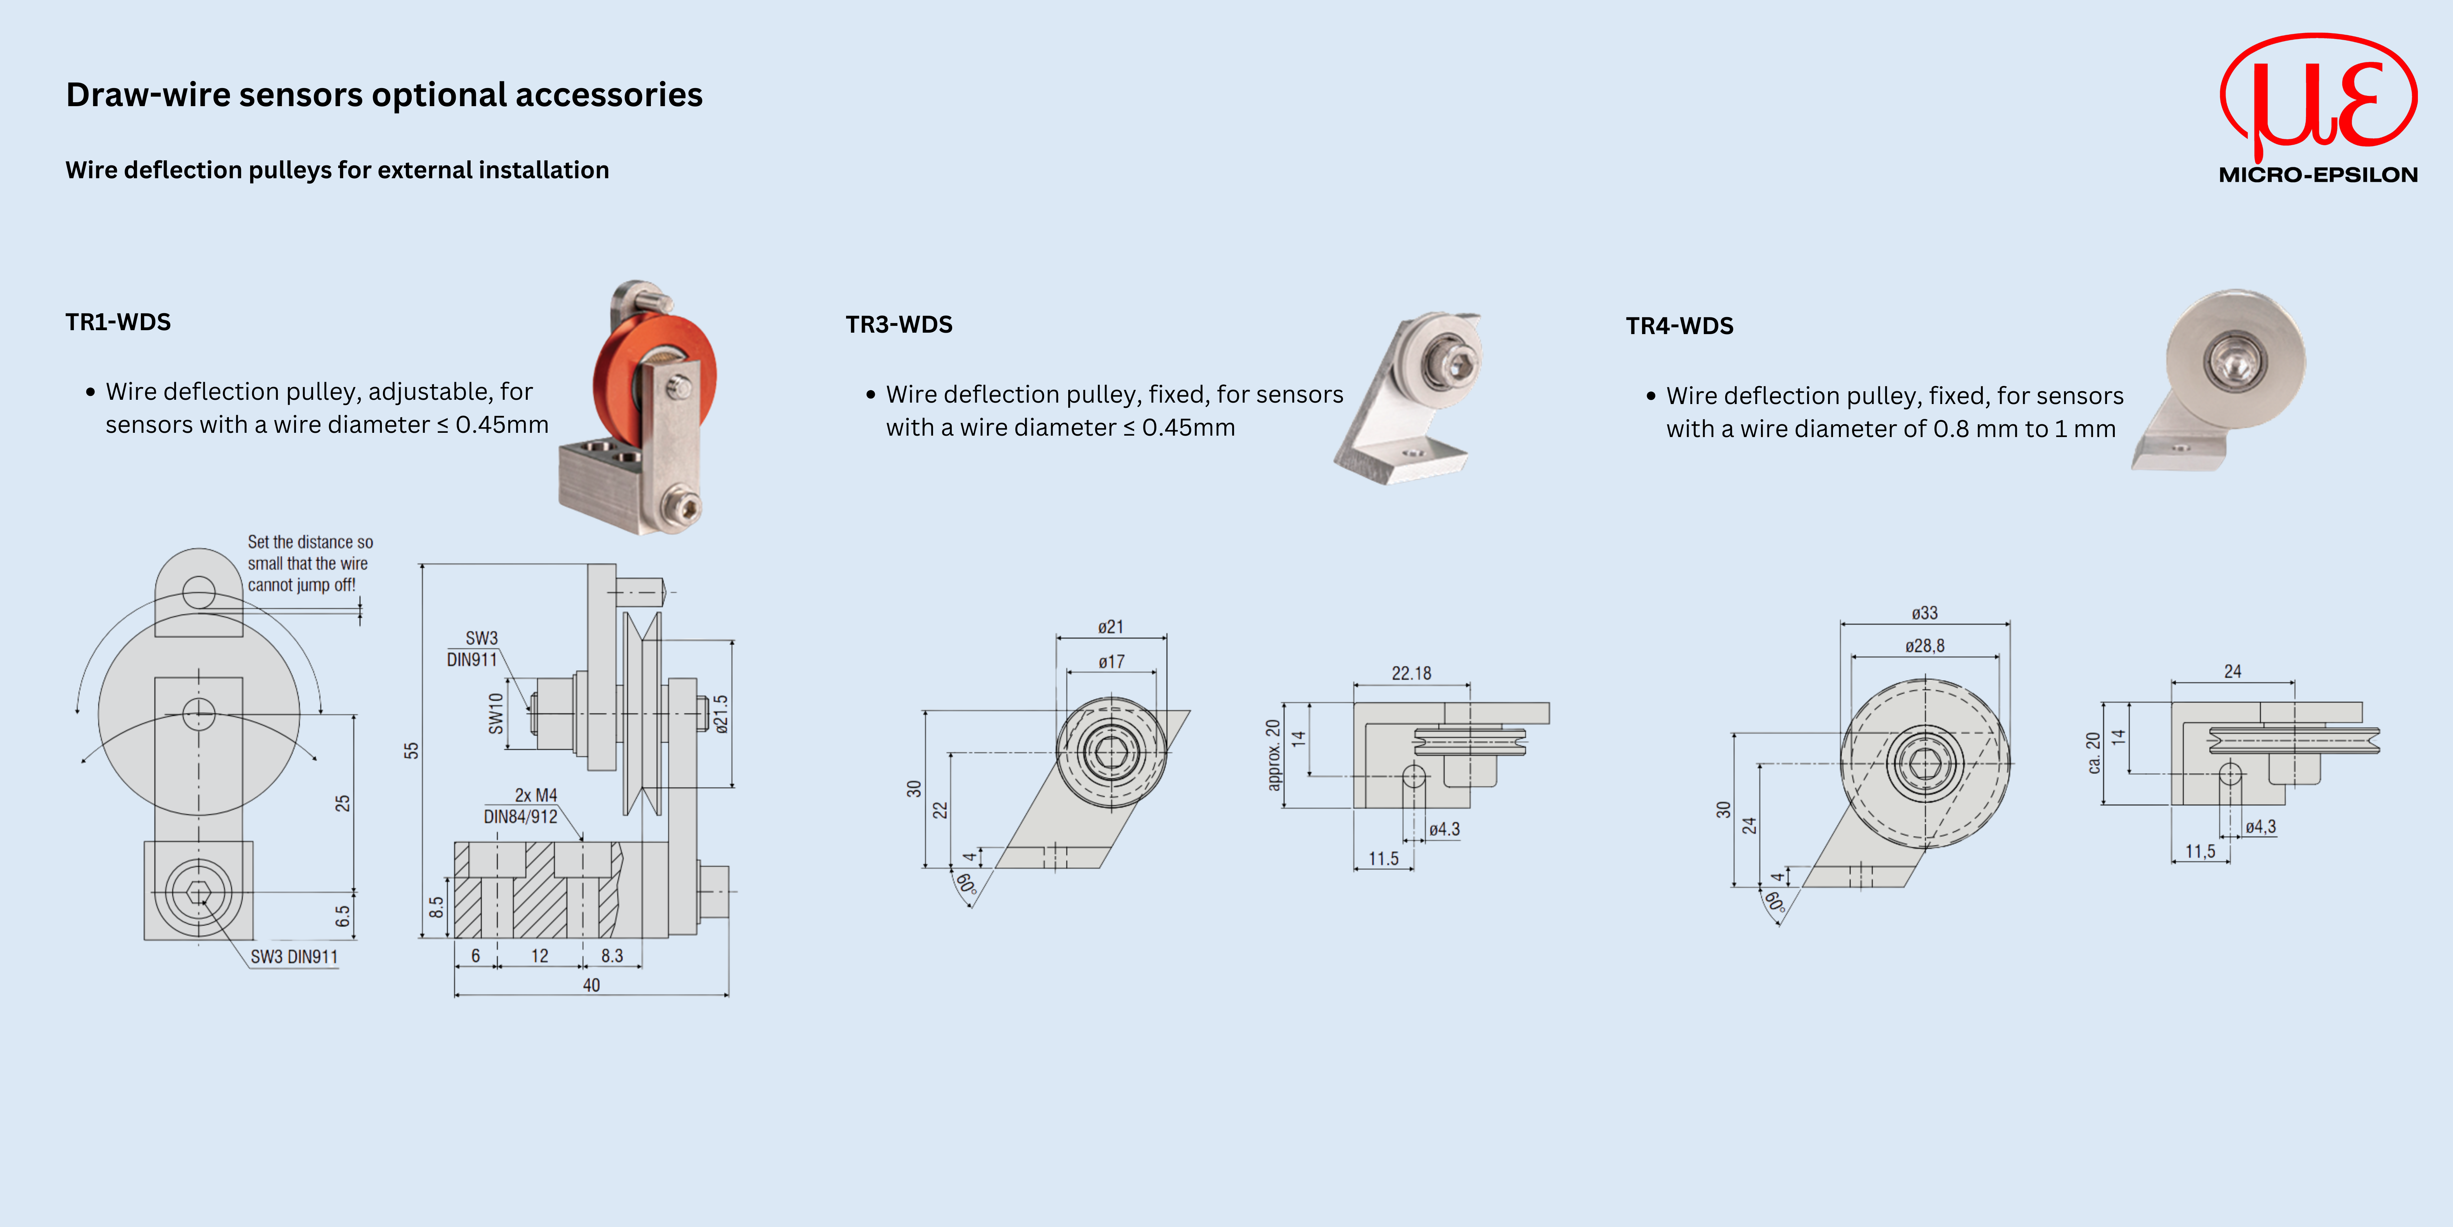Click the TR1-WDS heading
pyautogui.click(x=118, y=322)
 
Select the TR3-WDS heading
pyautogui.click(x=899, y=325)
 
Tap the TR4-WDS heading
pyautogui.click(x=1680, y=326)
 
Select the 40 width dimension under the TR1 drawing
pyautogui.click(x=591, y=985)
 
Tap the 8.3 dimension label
pyautogui.click(x=612, y=955)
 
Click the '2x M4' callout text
pyautogui.click(x=536, y=795)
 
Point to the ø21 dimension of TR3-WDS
pyautogui.click(x=1110, y=627)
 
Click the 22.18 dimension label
pyautogui.click(x=1411, y=674)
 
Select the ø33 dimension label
pyautogui.click(x=1925, y=613)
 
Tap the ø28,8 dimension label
pyautogui.click(x=1925, y=646)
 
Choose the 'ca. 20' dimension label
pyautogui.click(x=2093, y=753)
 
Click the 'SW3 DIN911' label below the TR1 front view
pyautogui.click(x=294, y=956)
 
